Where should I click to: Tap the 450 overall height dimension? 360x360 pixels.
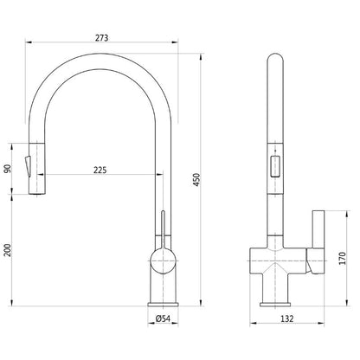196,179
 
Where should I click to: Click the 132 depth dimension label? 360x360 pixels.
286,320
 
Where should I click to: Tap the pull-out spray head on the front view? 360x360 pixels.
33,168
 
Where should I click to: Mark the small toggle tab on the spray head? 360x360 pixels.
27,161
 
